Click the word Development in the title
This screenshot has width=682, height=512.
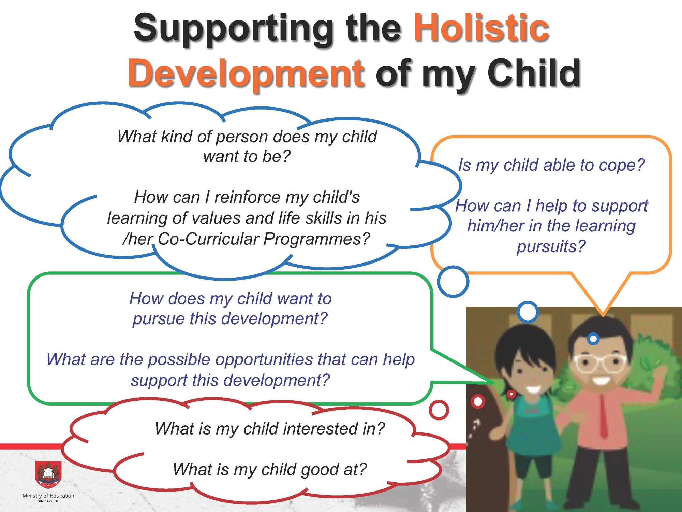(246, 73)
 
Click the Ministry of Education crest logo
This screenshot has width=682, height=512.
(48, 474)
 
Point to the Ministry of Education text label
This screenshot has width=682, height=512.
(48, 496)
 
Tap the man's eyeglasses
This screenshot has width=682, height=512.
(600, 364)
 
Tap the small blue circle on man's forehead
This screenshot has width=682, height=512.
(593, 339)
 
